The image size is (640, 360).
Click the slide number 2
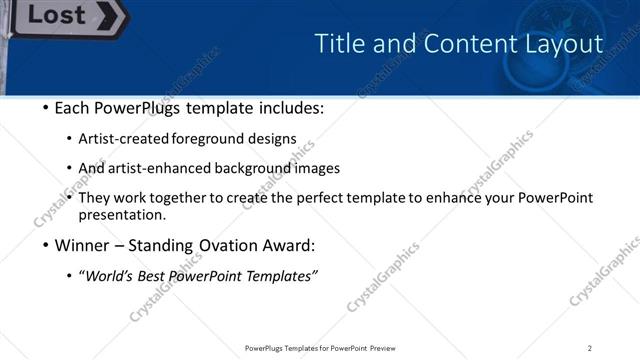coord(590,347)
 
